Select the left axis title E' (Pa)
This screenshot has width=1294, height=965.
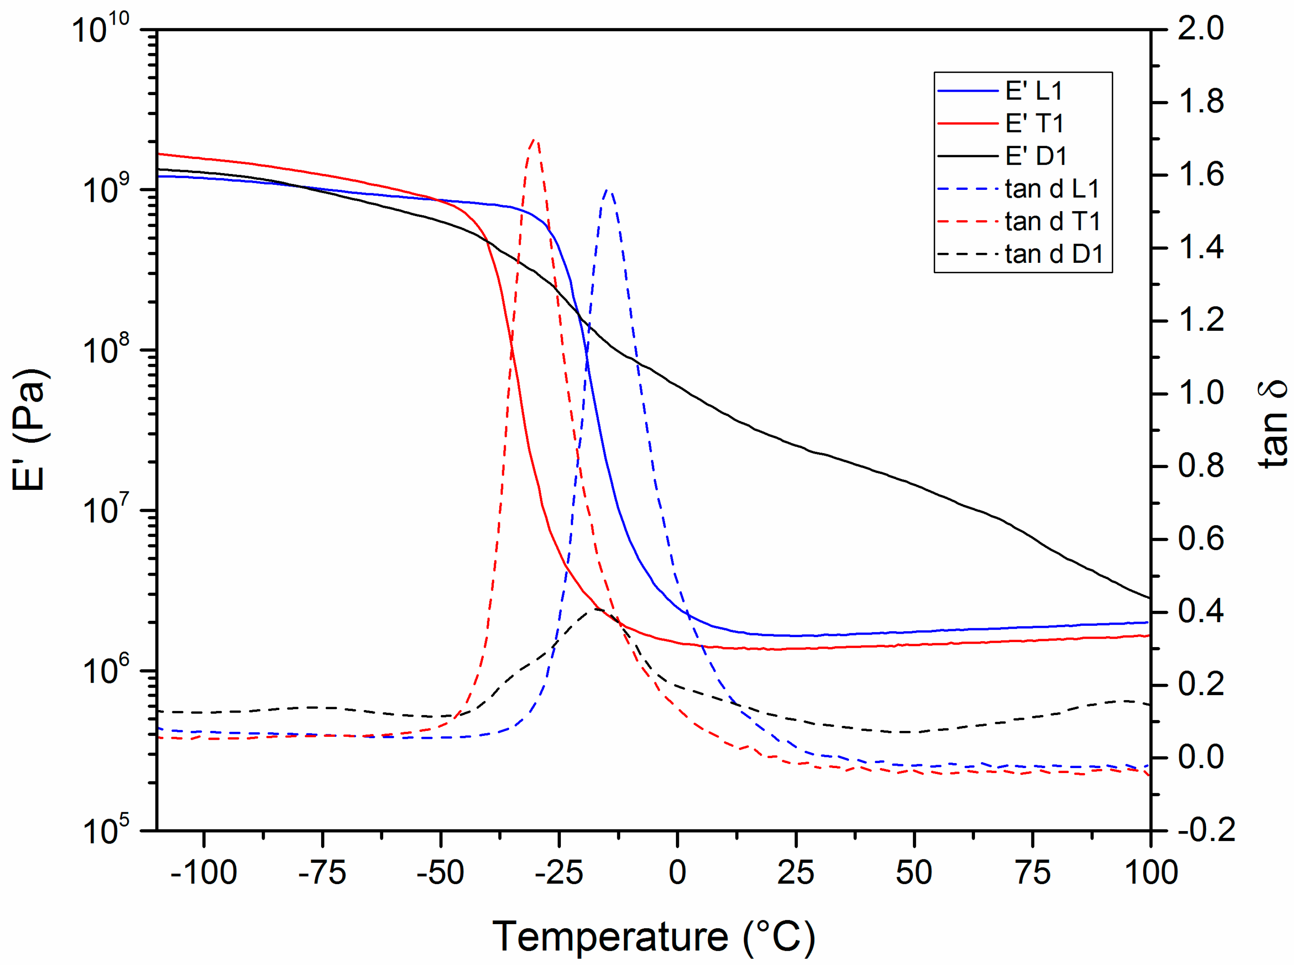point(30,429)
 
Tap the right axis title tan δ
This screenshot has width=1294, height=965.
point(1273,424)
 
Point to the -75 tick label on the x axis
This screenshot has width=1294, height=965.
point(322,873)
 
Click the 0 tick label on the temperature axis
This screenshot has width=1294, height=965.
point(677,873)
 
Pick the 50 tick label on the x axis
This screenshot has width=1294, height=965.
point(914,873)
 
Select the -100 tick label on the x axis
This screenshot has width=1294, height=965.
point(204,873)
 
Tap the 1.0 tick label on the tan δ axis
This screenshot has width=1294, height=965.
point(1201,393)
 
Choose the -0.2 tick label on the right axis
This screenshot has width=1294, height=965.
point(1206,830)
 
